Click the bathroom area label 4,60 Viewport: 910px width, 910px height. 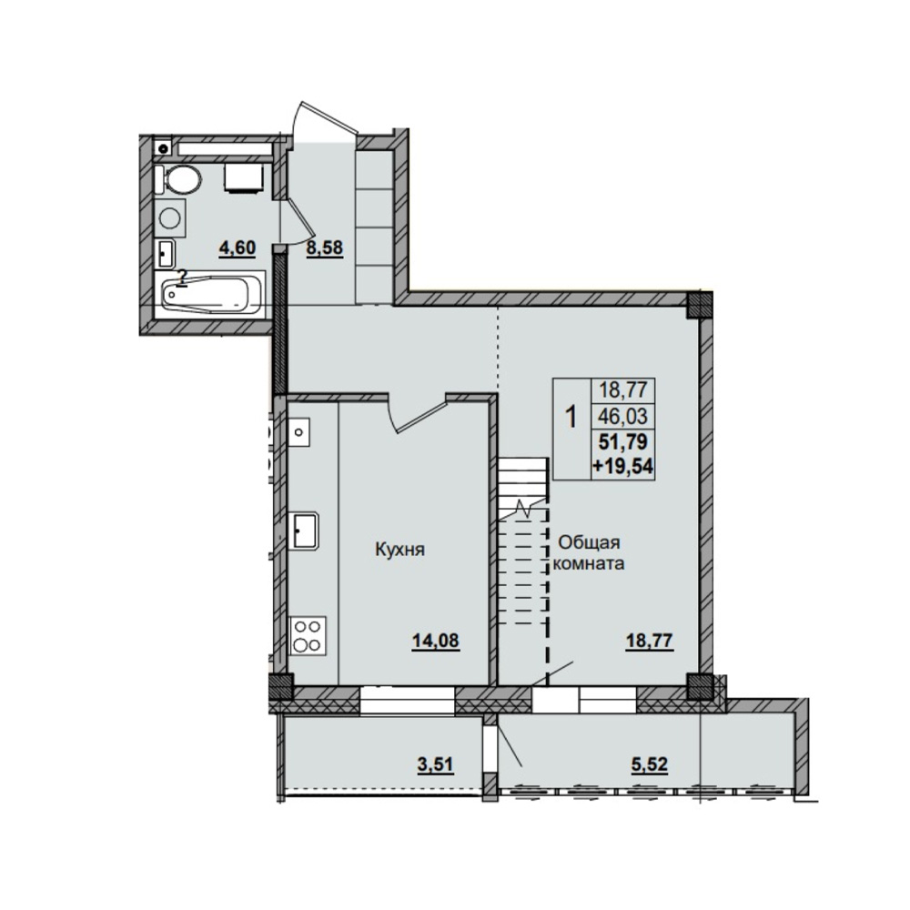tap(237, 248)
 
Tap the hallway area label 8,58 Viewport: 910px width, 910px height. tap(325, 248)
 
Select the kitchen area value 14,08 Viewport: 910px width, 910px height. tap(435, 641)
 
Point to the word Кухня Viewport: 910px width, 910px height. tap(399, 549)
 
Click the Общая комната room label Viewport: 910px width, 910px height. tap(589, 552)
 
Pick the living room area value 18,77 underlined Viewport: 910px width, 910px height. tap(649, 642)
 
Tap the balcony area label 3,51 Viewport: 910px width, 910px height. tap(435, 765)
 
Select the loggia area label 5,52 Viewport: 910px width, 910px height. tap(650, 765)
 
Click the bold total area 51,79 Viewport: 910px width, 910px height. tap(622, 442)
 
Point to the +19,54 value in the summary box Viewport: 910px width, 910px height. tap(622, 465)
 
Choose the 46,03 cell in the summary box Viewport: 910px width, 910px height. tap(622, 416)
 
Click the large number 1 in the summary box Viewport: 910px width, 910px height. tap(571, 417)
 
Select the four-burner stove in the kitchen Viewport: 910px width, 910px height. tap(308, 635)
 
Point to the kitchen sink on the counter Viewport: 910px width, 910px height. tap(305, 531)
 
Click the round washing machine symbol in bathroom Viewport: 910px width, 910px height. tap(171, 218)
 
